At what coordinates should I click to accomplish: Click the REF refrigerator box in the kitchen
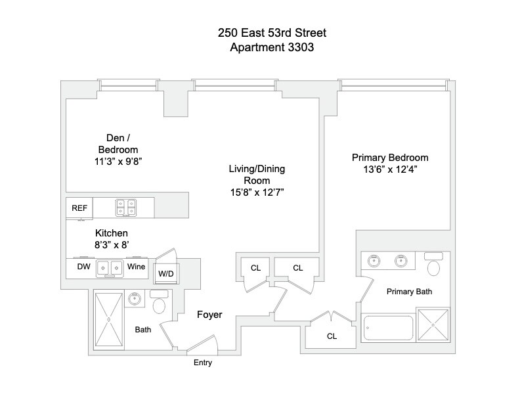click(x=79, y=208)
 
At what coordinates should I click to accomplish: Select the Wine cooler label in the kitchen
click(x=137, y=267)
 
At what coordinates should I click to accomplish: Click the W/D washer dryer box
click(x=164, y=274)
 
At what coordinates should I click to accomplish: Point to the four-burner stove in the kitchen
click(x=125, y=208)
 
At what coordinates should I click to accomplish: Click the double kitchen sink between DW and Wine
click(x=109, y=268)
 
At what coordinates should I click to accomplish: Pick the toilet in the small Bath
click(x=160, y=305)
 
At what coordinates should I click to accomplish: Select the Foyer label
click(x=210, y=315)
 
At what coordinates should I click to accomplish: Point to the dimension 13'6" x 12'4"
click(x=390, y=169)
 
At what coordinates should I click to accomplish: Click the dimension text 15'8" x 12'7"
click(x=261, y=192)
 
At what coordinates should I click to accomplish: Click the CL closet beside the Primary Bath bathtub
click(x=332, y=336)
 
